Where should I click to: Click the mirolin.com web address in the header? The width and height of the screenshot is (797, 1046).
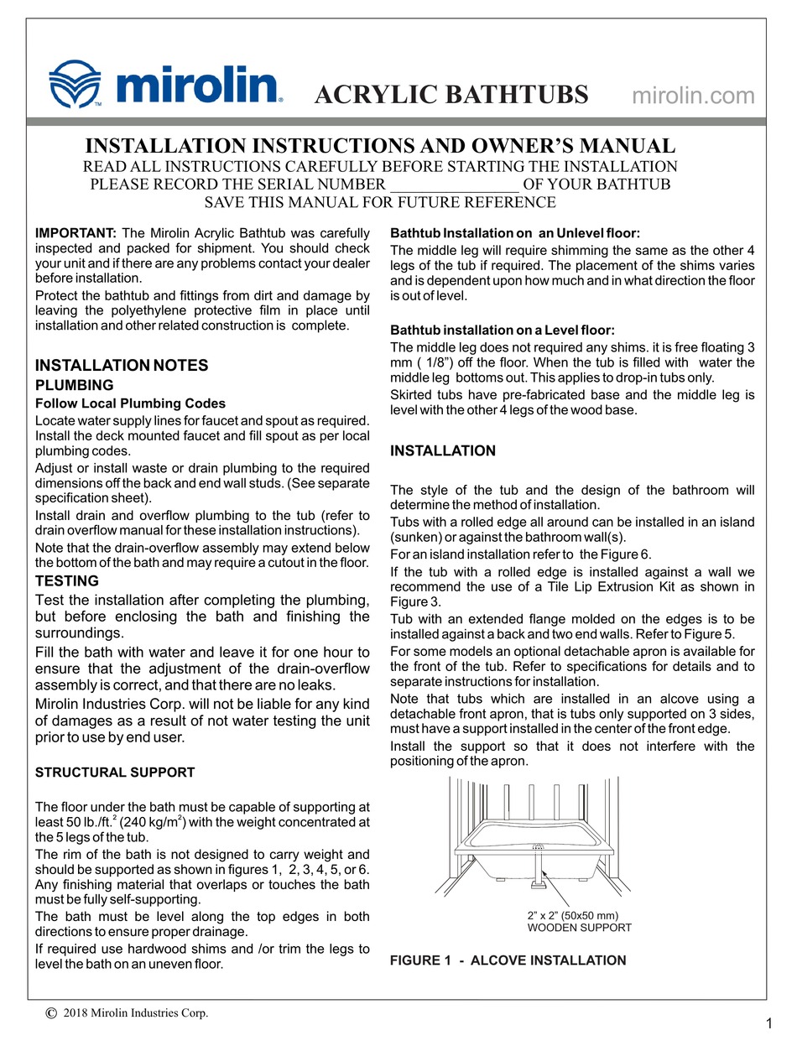coord(692,96)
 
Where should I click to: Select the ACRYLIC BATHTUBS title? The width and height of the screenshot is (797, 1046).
coord(451,95)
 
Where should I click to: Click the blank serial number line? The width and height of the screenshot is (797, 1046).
coord(454,185)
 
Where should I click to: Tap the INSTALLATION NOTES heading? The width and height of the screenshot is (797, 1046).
coord(121,366)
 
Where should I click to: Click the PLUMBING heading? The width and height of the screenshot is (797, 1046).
coord(74,385)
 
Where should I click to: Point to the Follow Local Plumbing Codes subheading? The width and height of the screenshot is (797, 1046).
coord(130,403)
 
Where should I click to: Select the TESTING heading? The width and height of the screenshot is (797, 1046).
coord(67,580)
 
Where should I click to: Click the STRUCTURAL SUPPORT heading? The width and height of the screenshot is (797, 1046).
coord(114,773)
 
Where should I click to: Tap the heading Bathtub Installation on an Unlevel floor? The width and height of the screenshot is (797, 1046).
coord(515,232)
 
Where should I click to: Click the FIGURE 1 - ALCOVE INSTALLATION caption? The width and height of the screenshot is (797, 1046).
coord(508,960)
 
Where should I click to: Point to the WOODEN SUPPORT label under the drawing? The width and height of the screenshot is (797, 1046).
coord(579,928)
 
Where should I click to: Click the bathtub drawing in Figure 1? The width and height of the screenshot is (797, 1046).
coord(537,847)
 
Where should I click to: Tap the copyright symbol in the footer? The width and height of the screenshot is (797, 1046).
coord(51,1013)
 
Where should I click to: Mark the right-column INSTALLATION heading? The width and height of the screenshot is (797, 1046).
coord(443,451)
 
